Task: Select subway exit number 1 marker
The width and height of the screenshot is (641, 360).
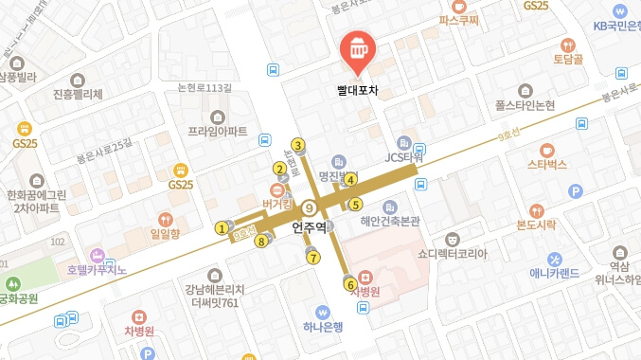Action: tap(222, 227)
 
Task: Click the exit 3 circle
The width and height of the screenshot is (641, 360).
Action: tap(297, 145)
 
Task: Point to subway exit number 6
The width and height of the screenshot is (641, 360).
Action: tap(350, 283)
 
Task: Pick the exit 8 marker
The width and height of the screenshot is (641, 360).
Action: tap(261, 241)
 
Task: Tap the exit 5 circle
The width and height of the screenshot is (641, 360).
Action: tap(356, 204)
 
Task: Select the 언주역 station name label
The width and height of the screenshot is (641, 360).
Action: tap(310, 227)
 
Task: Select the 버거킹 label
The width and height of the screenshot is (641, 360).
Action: tap(276, 203)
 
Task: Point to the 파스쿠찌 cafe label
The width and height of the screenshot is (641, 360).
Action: tap(459, 18)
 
